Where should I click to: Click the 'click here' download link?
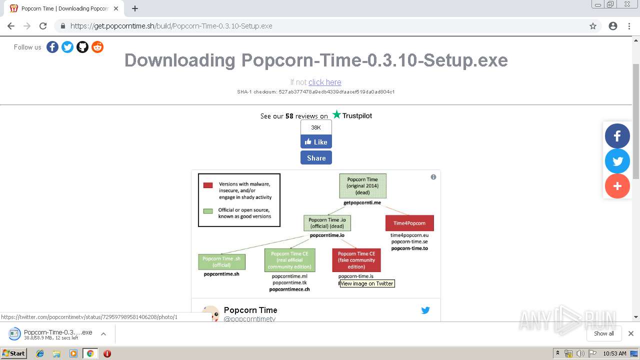324,82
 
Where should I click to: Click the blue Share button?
316,158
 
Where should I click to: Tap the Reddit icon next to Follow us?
97,47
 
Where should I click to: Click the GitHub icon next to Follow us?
82,47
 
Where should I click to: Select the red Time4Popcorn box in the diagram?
409,223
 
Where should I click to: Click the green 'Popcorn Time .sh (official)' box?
221,262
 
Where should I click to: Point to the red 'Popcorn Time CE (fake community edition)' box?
356,260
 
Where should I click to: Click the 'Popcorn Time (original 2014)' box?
362,186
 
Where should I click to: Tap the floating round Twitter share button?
617,161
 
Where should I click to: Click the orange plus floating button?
617,186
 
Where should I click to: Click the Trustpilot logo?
352,115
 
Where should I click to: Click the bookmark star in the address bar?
593,26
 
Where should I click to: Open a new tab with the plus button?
135,8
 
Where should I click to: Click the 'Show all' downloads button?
603,333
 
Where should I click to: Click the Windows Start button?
13,353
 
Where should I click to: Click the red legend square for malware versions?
208,185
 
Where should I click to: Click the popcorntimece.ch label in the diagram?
289,289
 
